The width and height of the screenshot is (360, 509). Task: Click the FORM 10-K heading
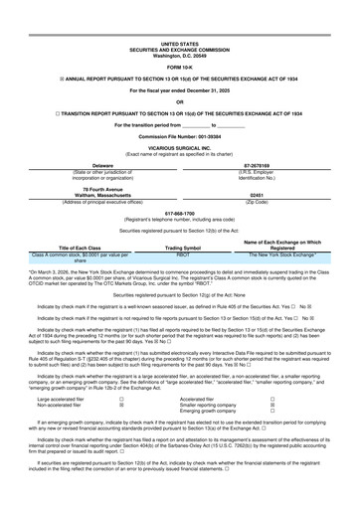click(179, 38)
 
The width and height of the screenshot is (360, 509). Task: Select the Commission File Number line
click(179, 105)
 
